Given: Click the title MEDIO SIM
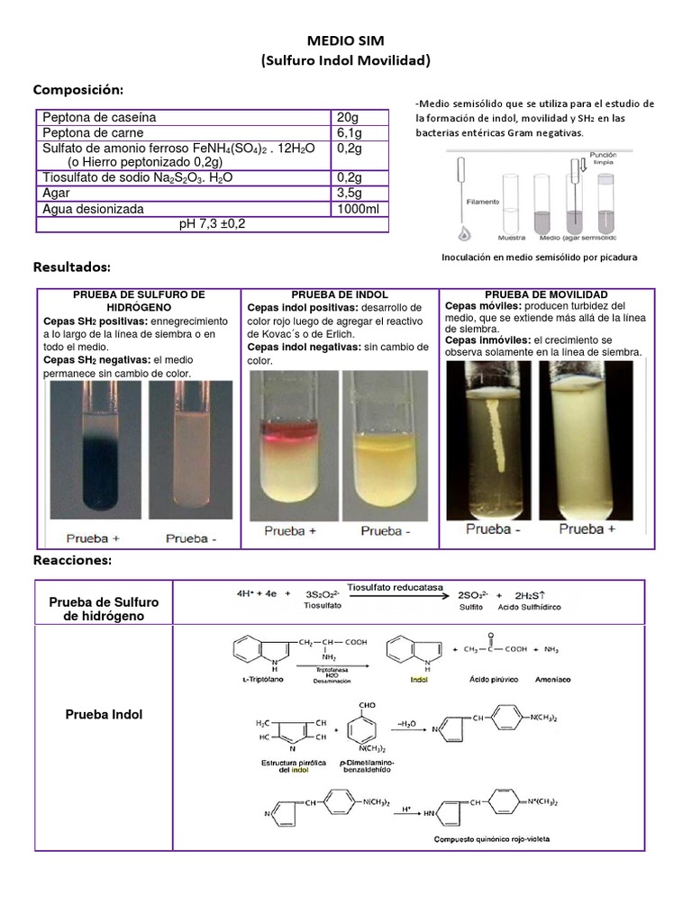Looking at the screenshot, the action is (346, 41).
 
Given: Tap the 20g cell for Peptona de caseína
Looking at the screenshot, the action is (347, 117).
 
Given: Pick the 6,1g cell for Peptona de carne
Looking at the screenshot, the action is (349, 132).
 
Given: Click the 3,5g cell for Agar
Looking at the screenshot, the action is (349, 193).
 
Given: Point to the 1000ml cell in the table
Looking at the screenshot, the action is (358, 209).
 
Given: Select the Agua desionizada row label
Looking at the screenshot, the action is (93, 209).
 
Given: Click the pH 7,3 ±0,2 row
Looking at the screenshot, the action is (213, 223).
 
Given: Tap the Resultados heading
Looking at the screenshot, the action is (71, 267).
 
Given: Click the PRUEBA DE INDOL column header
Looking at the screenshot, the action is (340, 294).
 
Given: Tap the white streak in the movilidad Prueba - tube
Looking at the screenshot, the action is (492, 432).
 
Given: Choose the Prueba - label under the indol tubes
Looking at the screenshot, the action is (386, 531).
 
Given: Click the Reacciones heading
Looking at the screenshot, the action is (72, 560).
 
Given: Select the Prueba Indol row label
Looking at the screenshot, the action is (104, 715).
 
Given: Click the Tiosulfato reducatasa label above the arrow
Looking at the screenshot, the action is (396, 587).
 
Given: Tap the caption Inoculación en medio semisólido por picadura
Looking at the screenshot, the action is (539, 257).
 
